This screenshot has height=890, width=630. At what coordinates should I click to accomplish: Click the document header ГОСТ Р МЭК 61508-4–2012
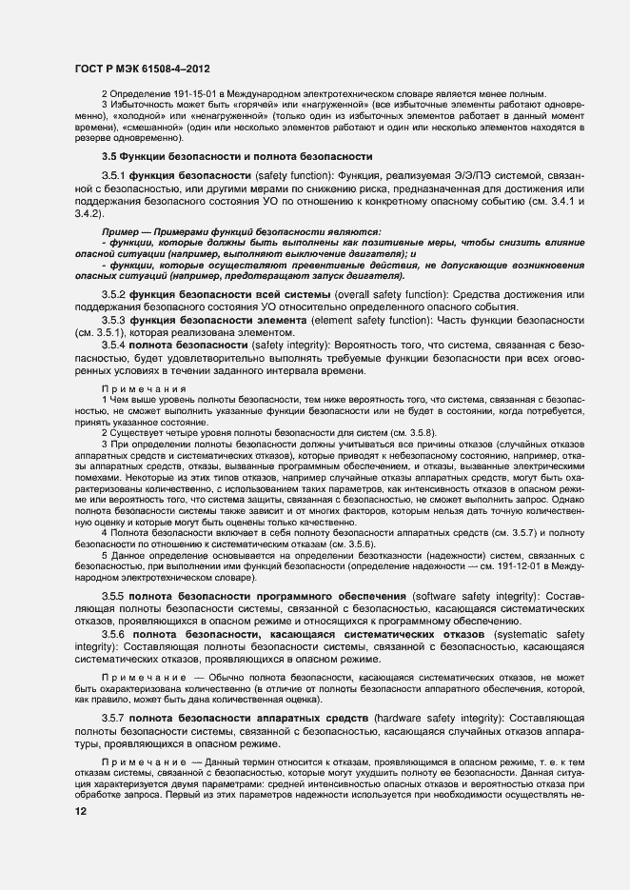(142, 69)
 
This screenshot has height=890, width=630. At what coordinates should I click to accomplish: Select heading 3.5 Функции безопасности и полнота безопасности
(237, 155)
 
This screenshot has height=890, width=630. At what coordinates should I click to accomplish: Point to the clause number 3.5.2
(115, 295)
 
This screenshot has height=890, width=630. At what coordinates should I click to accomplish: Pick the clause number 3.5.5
(115, 596)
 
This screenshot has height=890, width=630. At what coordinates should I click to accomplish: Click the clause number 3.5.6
(115, 633)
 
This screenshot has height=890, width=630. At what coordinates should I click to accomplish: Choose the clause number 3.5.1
(115, 175)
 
